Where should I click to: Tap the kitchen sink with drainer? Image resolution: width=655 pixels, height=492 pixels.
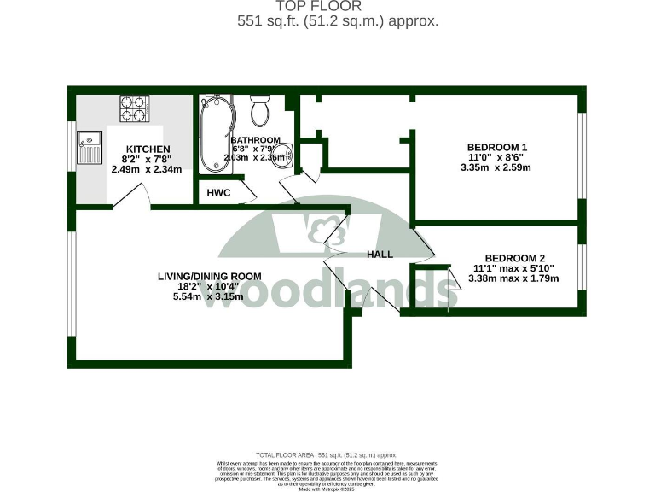[x=88, y=148]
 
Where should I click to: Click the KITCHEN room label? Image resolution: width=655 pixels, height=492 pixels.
[x=148, y=149]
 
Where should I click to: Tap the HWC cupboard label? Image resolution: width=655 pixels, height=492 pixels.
[x=219, y=193]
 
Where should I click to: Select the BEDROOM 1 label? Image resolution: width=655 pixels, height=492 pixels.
[x=498, y=147]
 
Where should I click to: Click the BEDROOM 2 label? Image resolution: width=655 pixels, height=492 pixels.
[x=514, y=258]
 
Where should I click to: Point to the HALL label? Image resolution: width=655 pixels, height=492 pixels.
[x=380, y=255]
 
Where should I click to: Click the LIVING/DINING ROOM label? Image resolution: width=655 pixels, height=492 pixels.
[x=209, y=276]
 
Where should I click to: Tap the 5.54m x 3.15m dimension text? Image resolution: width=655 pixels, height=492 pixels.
[x=208, y=297]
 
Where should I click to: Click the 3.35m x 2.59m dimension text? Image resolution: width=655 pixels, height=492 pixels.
[x=496, y=167]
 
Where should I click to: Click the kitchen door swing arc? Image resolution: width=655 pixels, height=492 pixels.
[x=130, y=198]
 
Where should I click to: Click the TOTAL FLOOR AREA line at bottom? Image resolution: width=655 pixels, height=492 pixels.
[x=327, y=455]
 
